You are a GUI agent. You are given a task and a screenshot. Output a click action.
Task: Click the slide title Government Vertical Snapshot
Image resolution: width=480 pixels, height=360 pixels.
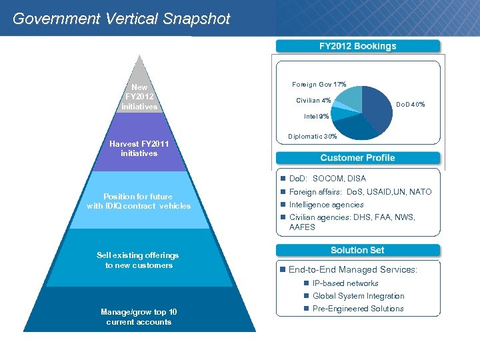(121, 19)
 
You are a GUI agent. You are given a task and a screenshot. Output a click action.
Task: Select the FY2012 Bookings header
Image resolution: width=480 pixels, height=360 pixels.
(357, 46)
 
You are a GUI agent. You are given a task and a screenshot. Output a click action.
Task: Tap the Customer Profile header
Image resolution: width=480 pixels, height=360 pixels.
(357, 158)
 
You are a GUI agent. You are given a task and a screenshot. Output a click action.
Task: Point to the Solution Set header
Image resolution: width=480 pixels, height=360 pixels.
(357, 250)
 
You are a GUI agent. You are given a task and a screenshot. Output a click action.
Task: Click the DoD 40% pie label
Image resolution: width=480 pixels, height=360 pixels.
(410, 105)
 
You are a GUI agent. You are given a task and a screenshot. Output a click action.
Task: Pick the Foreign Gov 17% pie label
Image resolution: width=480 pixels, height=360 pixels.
(319, 85)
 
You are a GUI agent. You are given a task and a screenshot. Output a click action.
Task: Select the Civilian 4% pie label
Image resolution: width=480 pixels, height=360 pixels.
(313, 101)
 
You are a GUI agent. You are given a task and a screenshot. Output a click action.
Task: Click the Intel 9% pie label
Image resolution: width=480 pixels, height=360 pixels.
(316, 117)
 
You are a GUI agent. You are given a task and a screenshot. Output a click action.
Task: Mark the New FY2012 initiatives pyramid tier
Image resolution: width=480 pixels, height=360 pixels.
(139, 97)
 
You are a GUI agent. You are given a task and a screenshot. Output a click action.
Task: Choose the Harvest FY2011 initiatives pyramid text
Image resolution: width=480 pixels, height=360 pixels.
(139, 148)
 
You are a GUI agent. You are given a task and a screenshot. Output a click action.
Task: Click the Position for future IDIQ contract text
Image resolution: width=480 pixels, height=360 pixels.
(138, 201)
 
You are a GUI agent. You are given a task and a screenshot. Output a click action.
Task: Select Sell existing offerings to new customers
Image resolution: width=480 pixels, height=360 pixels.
(138, 260)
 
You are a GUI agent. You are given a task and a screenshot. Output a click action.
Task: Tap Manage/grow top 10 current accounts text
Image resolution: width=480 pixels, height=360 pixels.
(139, 317)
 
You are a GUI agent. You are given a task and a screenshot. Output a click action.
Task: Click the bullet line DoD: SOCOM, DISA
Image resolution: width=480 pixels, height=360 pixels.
(327, 179)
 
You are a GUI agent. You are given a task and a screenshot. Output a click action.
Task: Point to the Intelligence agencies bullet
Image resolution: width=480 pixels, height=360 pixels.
(326, 205)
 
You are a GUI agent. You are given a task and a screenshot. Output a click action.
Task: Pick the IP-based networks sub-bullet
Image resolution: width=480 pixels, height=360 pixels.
(345, 283)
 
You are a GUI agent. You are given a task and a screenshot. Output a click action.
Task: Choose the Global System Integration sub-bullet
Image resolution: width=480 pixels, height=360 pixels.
(358, 296)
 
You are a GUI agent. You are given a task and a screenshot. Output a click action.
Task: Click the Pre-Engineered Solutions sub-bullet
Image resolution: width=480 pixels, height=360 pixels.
(357, 309)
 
